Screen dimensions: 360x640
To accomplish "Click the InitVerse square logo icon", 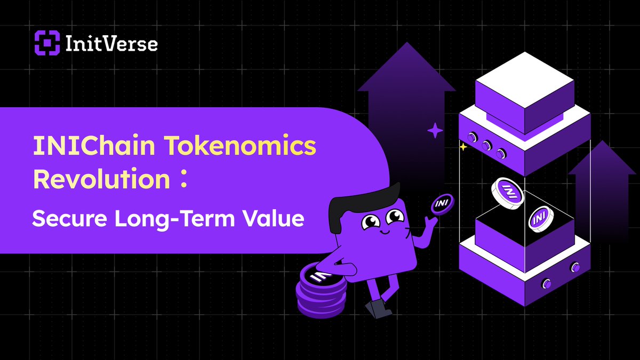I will pos(46,42).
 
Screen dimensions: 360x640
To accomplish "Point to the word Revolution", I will pos(101,180).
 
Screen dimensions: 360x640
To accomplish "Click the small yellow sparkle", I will pos(463,147).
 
